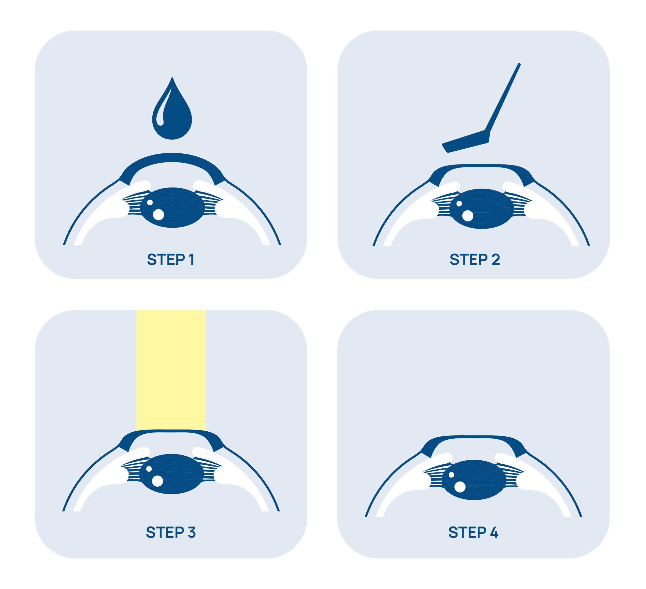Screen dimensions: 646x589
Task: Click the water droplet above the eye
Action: coord(172,112)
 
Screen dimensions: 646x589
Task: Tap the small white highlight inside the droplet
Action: coord(162,107)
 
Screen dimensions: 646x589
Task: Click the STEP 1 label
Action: coord(171,260)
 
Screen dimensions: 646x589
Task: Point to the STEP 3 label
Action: coord(171,532)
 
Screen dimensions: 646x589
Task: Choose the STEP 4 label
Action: coord(473,532)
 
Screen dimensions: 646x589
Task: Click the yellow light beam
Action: coord(171,370)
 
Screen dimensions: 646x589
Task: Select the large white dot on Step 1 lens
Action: coord(158,215)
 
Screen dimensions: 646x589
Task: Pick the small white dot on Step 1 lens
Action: coord(150,202)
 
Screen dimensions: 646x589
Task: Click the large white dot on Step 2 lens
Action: coord(468,216)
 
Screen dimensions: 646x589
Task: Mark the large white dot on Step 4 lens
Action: coord(460,487)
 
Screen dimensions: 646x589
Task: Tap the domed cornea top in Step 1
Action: coord(172,157)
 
